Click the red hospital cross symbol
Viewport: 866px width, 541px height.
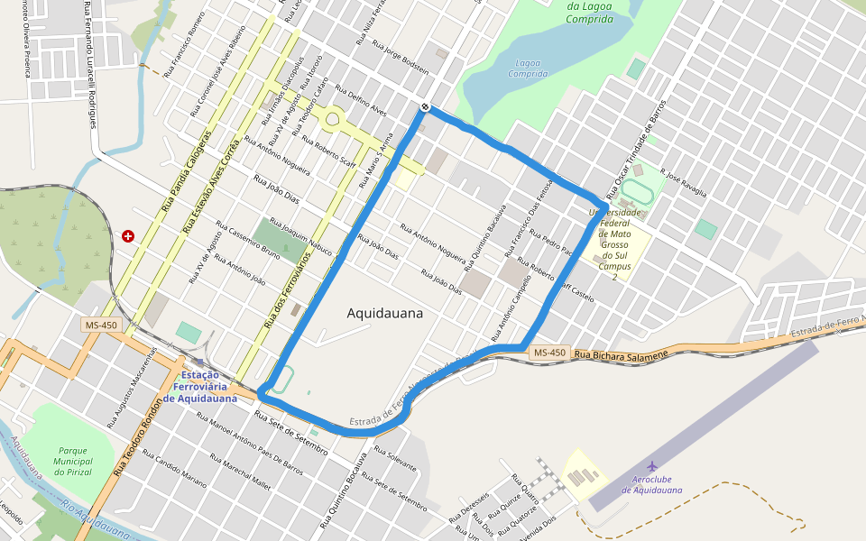pyautogui.click(x=128, y=236)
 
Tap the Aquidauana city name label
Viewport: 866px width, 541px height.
pyautogui.click(x=384, y=314)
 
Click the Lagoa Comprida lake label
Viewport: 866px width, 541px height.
pyautogui.click(x=528, y=69)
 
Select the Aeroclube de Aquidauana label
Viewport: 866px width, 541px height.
pyautogui.click(x=651, y=485)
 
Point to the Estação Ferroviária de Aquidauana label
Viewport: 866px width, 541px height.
pyautogui.click(x=200, y=386)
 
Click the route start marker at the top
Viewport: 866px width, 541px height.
pyautogui.click(x=425, y=107)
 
